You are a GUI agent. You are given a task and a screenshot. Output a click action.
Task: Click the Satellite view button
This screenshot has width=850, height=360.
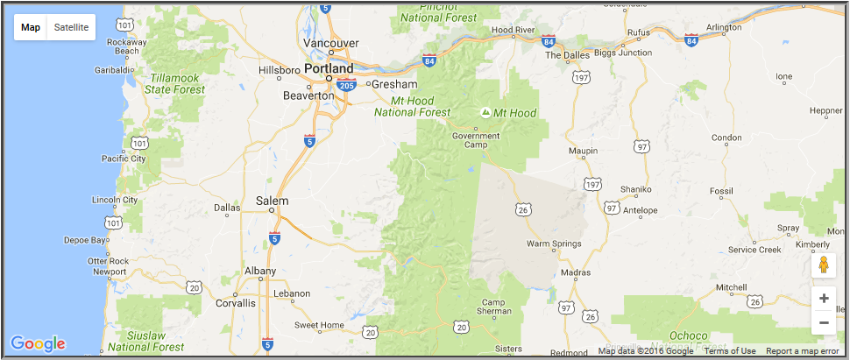tap(71, 27)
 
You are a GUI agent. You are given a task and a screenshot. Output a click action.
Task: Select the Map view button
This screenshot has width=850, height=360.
tap(31, 27)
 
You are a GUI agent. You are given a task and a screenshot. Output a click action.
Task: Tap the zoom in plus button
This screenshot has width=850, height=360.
tap(823, 298)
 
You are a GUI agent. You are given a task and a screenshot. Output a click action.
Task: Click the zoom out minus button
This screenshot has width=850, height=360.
tap(823, 322)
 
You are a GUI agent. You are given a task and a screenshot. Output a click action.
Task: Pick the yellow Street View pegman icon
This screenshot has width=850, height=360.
tap(823, 265)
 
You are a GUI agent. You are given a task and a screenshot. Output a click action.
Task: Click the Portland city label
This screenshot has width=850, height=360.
tap(329, 68)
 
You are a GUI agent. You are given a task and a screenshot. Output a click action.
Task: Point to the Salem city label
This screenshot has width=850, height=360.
tap(272, 201)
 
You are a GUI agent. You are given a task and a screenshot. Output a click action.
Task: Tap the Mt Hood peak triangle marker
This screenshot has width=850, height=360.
tap(486, 113)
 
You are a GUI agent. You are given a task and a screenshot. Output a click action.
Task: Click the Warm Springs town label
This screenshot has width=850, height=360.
tap(555, 244)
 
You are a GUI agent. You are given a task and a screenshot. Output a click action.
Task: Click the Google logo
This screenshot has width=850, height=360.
tap(38, 343)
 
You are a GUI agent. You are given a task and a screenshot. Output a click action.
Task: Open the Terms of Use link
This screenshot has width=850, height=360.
tap(730, 351)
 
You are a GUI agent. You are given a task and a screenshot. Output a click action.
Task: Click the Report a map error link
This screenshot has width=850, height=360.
tap(802, 351)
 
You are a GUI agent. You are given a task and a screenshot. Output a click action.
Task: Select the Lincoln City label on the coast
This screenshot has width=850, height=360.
tap(115, 200)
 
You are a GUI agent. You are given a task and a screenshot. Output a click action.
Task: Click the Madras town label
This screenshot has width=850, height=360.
tap(576, 273)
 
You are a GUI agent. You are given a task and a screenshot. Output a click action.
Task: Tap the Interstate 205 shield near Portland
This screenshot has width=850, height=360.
tap(347, 85)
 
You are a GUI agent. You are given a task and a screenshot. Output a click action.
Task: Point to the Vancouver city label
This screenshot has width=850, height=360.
tap(330, 43)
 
